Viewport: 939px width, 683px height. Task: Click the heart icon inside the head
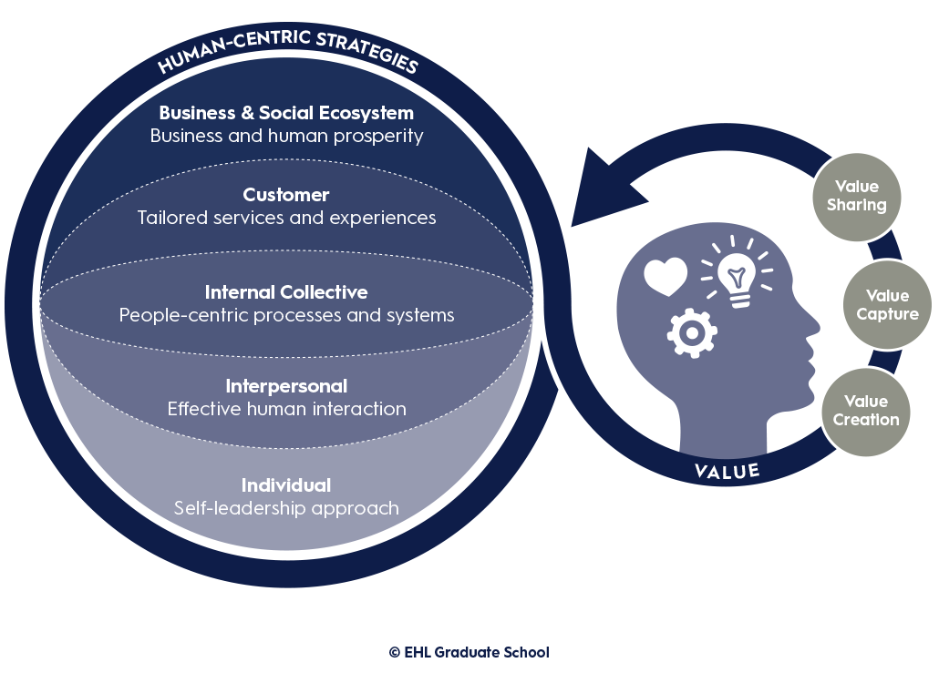(x=665, y=277)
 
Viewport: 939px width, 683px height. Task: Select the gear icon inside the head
(x=691, y=331)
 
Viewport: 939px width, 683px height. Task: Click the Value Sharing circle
(x=856, y=197)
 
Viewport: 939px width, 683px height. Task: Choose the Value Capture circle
(x=886, y=305)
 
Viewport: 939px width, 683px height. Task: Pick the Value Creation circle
(x=865, y=411)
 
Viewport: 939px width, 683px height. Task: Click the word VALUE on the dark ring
(x=727, y=471)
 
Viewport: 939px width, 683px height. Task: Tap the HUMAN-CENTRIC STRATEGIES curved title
(x=287, y=50)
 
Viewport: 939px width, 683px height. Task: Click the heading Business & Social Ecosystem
(x=286, y=113)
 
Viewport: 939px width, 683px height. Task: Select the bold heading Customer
(x=286, y=195)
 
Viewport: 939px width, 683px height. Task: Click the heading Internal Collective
(x=286, y=292)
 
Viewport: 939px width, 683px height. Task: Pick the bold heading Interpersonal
(x=286, y=386)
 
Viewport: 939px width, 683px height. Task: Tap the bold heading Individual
(x=286, y=484)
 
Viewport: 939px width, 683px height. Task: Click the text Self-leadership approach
(x=286, y=508)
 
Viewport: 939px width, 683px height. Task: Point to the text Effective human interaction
(x=286, y=409)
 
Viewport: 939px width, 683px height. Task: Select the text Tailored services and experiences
(x=286, y=218)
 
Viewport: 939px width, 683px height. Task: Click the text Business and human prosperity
(x=286, y=136)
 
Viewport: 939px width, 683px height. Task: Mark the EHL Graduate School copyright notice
(x=469, y=652)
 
